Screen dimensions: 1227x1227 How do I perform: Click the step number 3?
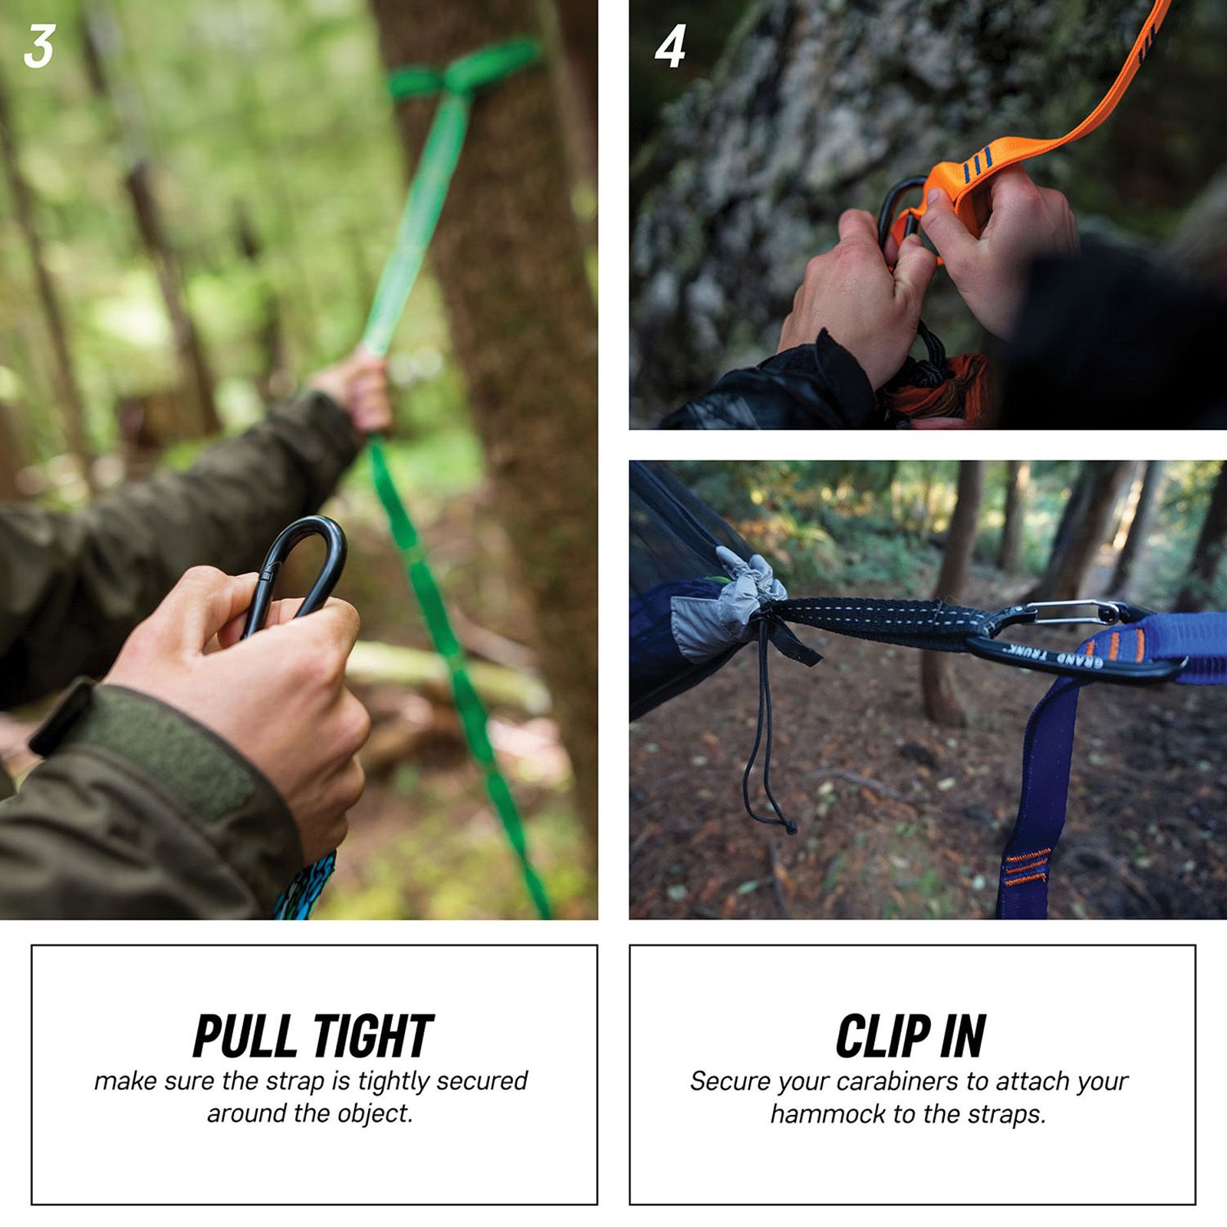[39, 48]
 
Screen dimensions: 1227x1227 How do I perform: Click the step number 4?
[669, 48]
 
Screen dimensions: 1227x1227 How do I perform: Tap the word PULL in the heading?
[244, 1036]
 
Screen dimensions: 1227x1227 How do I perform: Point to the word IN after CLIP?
[963, 1036]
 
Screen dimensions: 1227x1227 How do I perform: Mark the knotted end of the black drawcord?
[789, 825]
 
